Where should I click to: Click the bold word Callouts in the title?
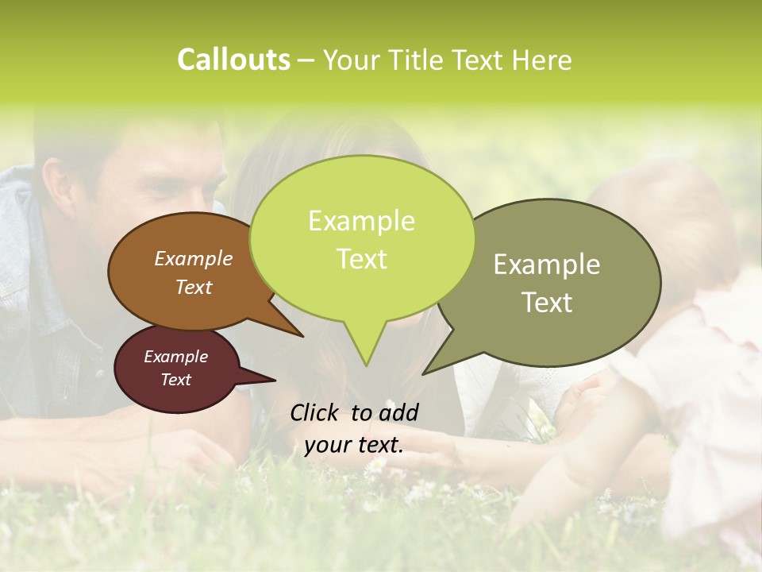pyautogui.click(x=233, y=60)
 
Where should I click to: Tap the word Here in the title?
pyautogui.click(x=543, y=60)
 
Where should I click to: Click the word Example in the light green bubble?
pyautogui.click(x=361, y=221)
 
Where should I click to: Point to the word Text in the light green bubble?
pyautogui.click(x=361, y=258)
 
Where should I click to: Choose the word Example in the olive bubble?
pyautogui.click(x=547, y=265)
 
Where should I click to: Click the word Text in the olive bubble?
pyautogui.click(x=547, y=302)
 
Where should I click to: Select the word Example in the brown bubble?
pyautogui.click(x=194, y=258)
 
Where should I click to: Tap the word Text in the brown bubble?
pyautogui.click(x=194, y=287)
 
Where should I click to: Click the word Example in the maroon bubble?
pyautogui.click(x=175, y=357)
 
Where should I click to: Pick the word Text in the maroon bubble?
pyautogui.click(x=175, y=380)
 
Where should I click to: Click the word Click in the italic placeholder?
pyautogui.click(x=314, y=412)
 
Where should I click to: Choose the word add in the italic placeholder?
pyautogui.click(x=398, y=412)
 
